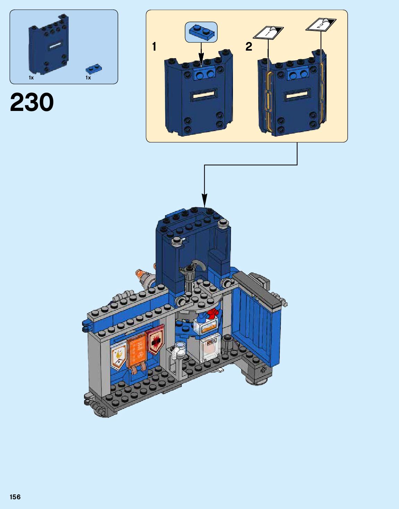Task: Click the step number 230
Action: tap(32, 103)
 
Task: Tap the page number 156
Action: tap(15, 497)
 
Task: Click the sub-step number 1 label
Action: tap(154, 46)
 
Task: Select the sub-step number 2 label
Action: tap(249, 46)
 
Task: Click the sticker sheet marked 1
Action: tap(268, 33)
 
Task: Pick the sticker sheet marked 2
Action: tap(321, 25)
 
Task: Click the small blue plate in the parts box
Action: tap(94, 68)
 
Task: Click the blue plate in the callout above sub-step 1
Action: tap(201, 32)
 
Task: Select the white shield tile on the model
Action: tap(118, 356)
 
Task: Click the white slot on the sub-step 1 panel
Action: tap(205, 94)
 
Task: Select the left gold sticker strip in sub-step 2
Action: tap(267, 100)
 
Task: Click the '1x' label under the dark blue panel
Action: tap(31, 78)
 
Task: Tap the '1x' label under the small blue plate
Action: tap(88, 78)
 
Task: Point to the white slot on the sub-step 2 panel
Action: tap(296, 94)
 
